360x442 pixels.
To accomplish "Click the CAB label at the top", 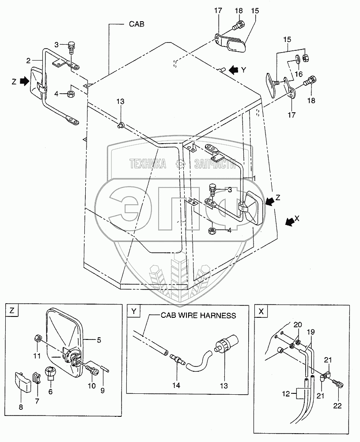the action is coord(136,24).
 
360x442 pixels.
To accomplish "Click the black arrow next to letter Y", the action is coord(234,69).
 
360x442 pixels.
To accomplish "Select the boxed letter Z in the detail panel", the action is coord(12,311).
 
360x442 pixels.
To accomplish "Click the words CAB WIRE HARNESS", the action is coord(198,315).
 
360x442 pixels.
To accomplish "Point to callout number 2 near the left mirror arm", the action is coord(28,61).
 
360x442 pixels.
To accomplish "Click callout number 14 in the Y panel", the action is coord(176,385).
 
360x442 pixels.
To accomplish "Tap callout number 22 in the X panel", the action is coord(337,406).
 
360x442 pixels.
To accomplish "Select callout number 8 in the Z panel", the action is coord(21,407).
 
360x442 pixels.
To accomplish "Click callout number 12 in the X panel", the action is coord(286,393).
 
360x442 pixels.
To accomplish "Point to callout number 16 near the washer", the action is coord(299,74).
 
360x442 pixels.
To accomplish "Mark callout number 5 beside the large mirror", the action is coord(99,340).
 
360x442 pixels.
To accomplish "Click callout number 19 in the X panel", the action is coord(311,332).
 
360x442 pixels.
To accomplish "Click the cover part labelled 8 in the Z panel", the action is coord(22,382).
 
